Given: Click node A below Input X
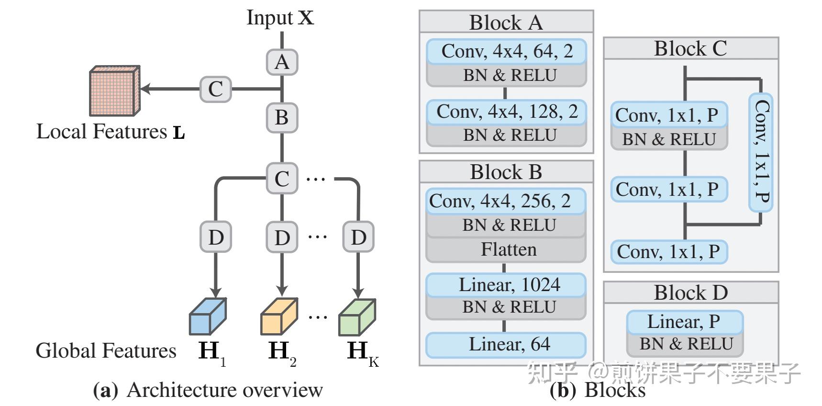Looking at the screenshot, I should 282,62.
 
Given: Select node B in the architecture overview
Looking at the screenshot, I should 282,117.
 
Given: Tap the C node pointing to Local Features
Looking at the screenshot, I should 215,89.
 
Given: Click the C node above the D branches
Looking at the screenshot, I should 282,179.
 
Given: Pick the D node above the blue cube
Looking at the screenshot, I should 215,237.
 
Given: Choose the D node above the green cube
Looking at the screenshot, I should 358,237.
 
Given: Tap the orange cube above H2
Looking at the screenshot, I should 278,317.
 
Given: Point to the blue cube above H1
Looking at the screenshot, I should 208,317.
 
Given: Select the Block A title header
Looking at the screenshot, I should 506,22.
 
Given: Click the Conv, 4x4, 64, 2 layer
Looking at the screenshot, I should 506,51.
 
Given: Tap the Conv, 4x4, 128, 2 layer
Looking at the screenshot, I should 506,112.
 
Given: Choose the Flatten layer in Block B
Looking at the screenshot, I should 506,249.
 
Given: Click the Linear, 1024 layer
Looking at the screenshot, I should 506,285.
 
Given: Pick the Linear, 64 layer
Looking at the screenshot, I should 506,344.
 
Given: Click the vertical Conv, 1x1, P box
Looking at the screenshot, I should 761,152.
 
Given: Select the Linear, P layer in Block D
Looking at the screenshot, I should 684,322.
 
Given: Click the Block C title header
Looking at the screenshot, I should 690,48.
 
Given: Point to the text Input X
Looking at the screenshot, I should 280,18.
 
